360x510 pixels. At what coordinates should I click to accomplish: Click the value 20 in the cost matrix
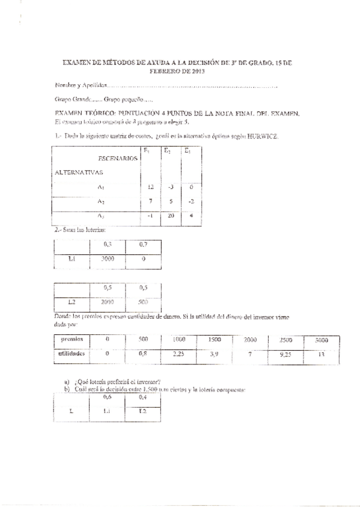[x=169, y=216]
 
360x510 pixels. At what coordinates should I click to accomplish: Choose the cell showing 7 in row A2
[x=151, y=201]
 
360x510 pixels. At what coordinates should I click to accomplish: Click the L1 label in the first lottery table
[x=71, y=259]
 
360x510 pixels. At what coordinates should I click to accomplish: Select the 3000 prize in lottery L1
[x=107, y=259]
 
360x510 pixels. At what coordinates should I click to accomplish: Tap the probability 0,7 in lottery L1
[x=143, y=245]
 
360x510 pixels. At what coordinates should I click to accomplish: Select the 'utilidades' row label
[x=73, y=354]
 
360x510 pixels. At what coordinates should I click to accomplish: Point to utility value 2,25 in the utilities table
[x=178, y=354]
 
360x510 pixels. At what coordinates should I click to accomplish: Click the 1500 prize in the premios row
[x=214, y=340]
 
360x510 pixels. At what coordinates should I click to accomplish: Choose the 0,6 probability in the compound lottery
[x=108, y=398]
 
